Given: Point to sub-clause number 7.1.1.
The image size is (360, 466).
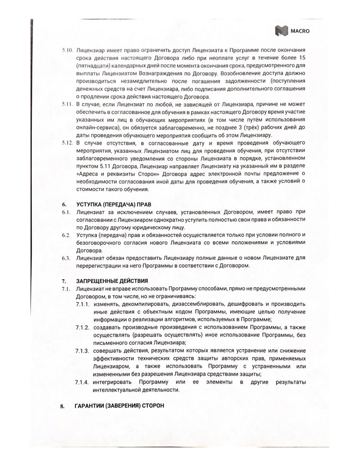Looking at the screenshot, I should pyautogui.click(x=82, y=304).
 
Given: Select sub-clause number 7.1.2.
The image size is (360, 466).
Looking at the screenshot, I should pyautogui.click(x=82, y=327).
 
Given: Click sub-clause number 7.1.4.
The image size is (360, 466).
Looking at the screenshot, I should pyautogui.click(x=82, y=381).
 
